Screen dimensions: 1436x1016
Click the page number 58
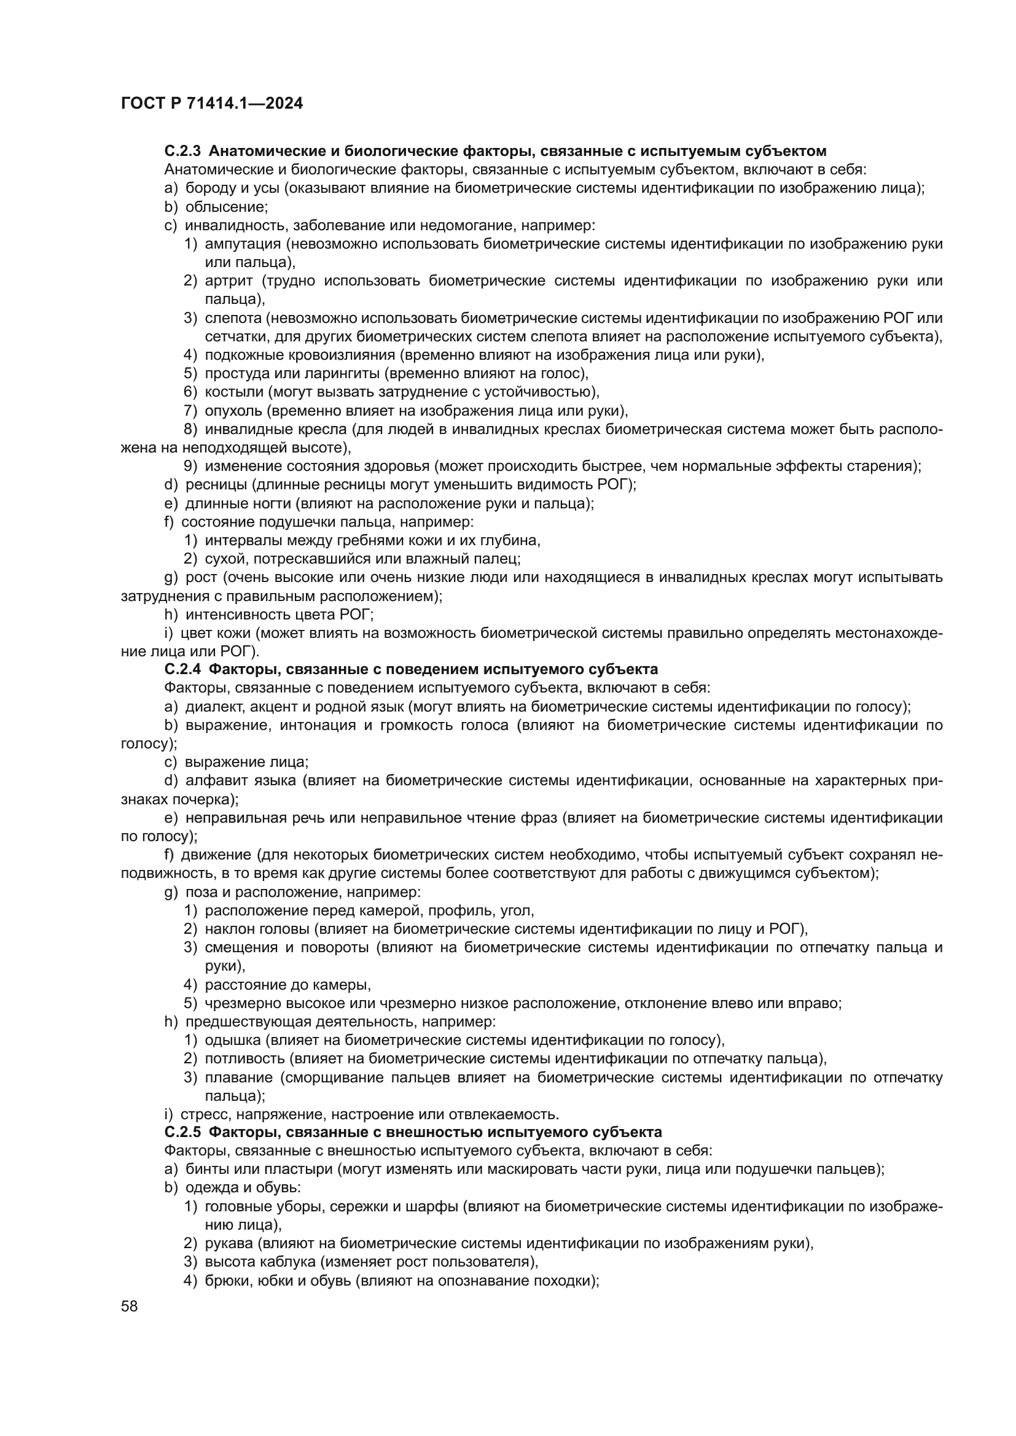129,1306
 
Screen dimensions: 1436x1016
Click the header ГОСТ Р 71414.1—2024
211,104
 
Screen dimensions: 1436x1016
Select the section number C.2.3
182,152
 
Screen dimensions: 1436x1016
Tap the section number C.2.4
182,669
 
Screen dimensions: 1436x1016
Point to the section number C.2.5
182,1132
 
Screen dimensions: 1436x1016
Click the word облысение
226,207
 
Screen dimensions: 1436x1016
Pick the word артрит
229,281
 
